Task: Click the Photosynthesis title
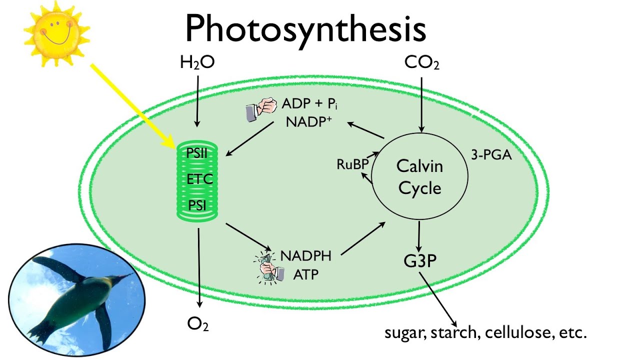[x=305, y=28]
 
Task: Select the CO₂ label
[x=421, y=63]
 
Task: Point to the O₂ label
[x=197, y=324]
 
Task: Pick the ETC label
[x=200, y=179]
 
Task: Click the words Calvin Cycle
[x=419, y=177]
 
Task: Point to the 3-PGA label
[x=491, y=155]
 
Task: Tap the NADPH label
[x=305, y=256]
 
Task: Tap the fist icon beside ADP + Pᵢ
[x=261, y=110]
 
